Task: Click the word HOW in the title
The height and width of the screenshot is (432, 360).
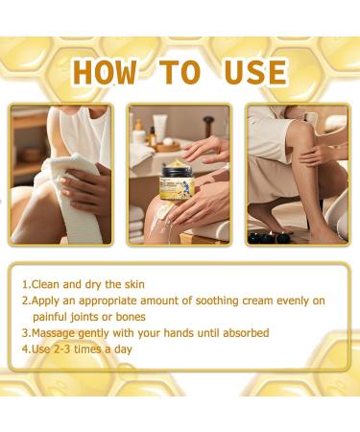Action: (x=105, y=72)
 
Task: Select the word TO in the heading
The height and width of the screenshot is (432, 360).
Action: (x=179, y=72)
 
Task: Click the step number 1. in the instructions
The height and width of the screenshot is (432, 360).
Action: (x=25, y=284)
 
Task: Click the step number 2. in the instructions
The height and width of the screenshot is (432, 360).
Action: (x=25, y=300)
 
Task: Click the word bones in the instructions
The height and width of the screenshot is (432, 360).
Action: (x=140, y=316)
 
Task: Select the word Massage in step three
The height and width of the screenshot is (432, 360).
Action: (x=55, y=332)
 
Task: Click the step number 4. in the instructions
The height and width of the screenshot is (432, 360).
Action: (x=25, y=348)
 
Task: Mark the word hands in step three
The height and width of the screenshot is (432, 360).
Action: (x=166, y=332)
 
